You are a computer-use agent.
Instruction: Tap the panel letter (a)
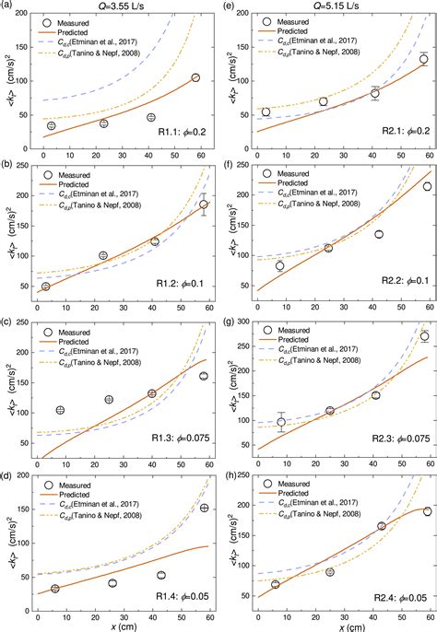[7, 6]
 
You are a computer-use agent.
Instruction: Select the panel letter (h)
[227, 476]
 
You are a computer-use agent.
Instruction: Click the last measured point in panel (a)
[195, 78]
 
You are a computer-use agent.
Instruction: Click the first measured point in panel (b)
[45, 287]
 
